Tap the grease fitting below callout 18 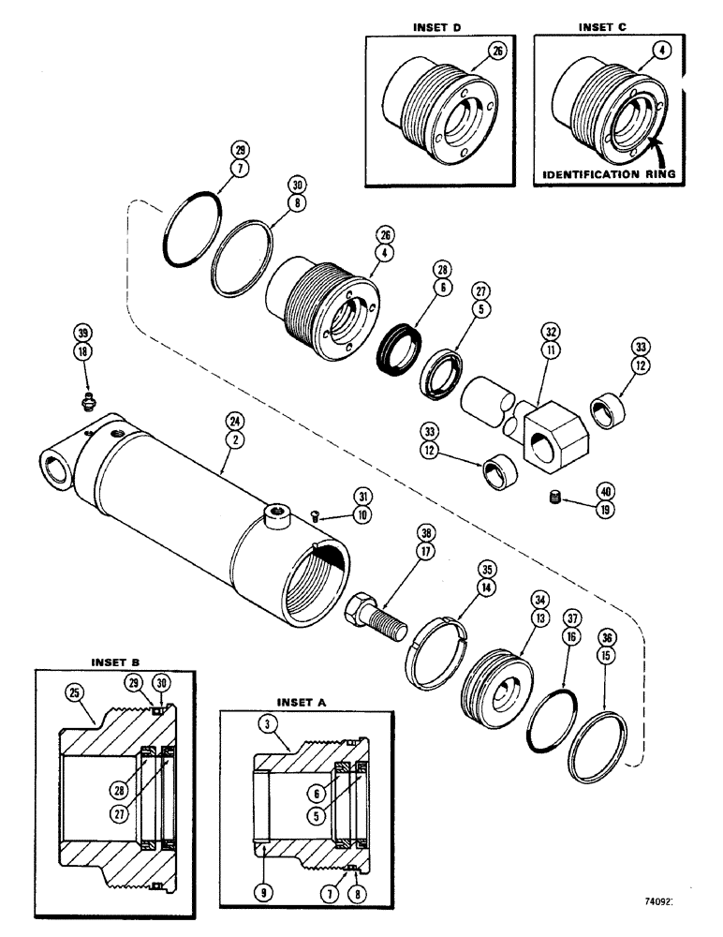pyautogui.click(x=86, y=401)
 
